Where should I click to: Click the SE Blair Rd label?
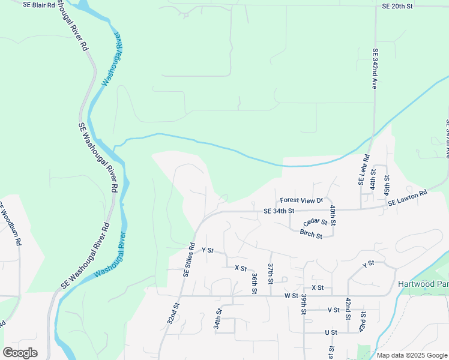38,5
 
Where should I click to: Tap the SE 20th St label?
397,6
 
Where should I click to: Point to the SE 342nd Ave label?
375,70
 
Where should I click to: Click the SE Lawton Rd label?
407,199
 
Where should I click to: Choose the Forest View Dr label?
301,200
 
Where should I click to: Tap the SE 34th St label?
279,211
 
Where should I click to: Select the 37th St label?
271,273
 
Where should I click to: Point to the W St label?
292,296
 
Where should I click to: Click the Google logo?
20,353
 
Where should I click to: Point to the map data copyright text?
411,355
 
